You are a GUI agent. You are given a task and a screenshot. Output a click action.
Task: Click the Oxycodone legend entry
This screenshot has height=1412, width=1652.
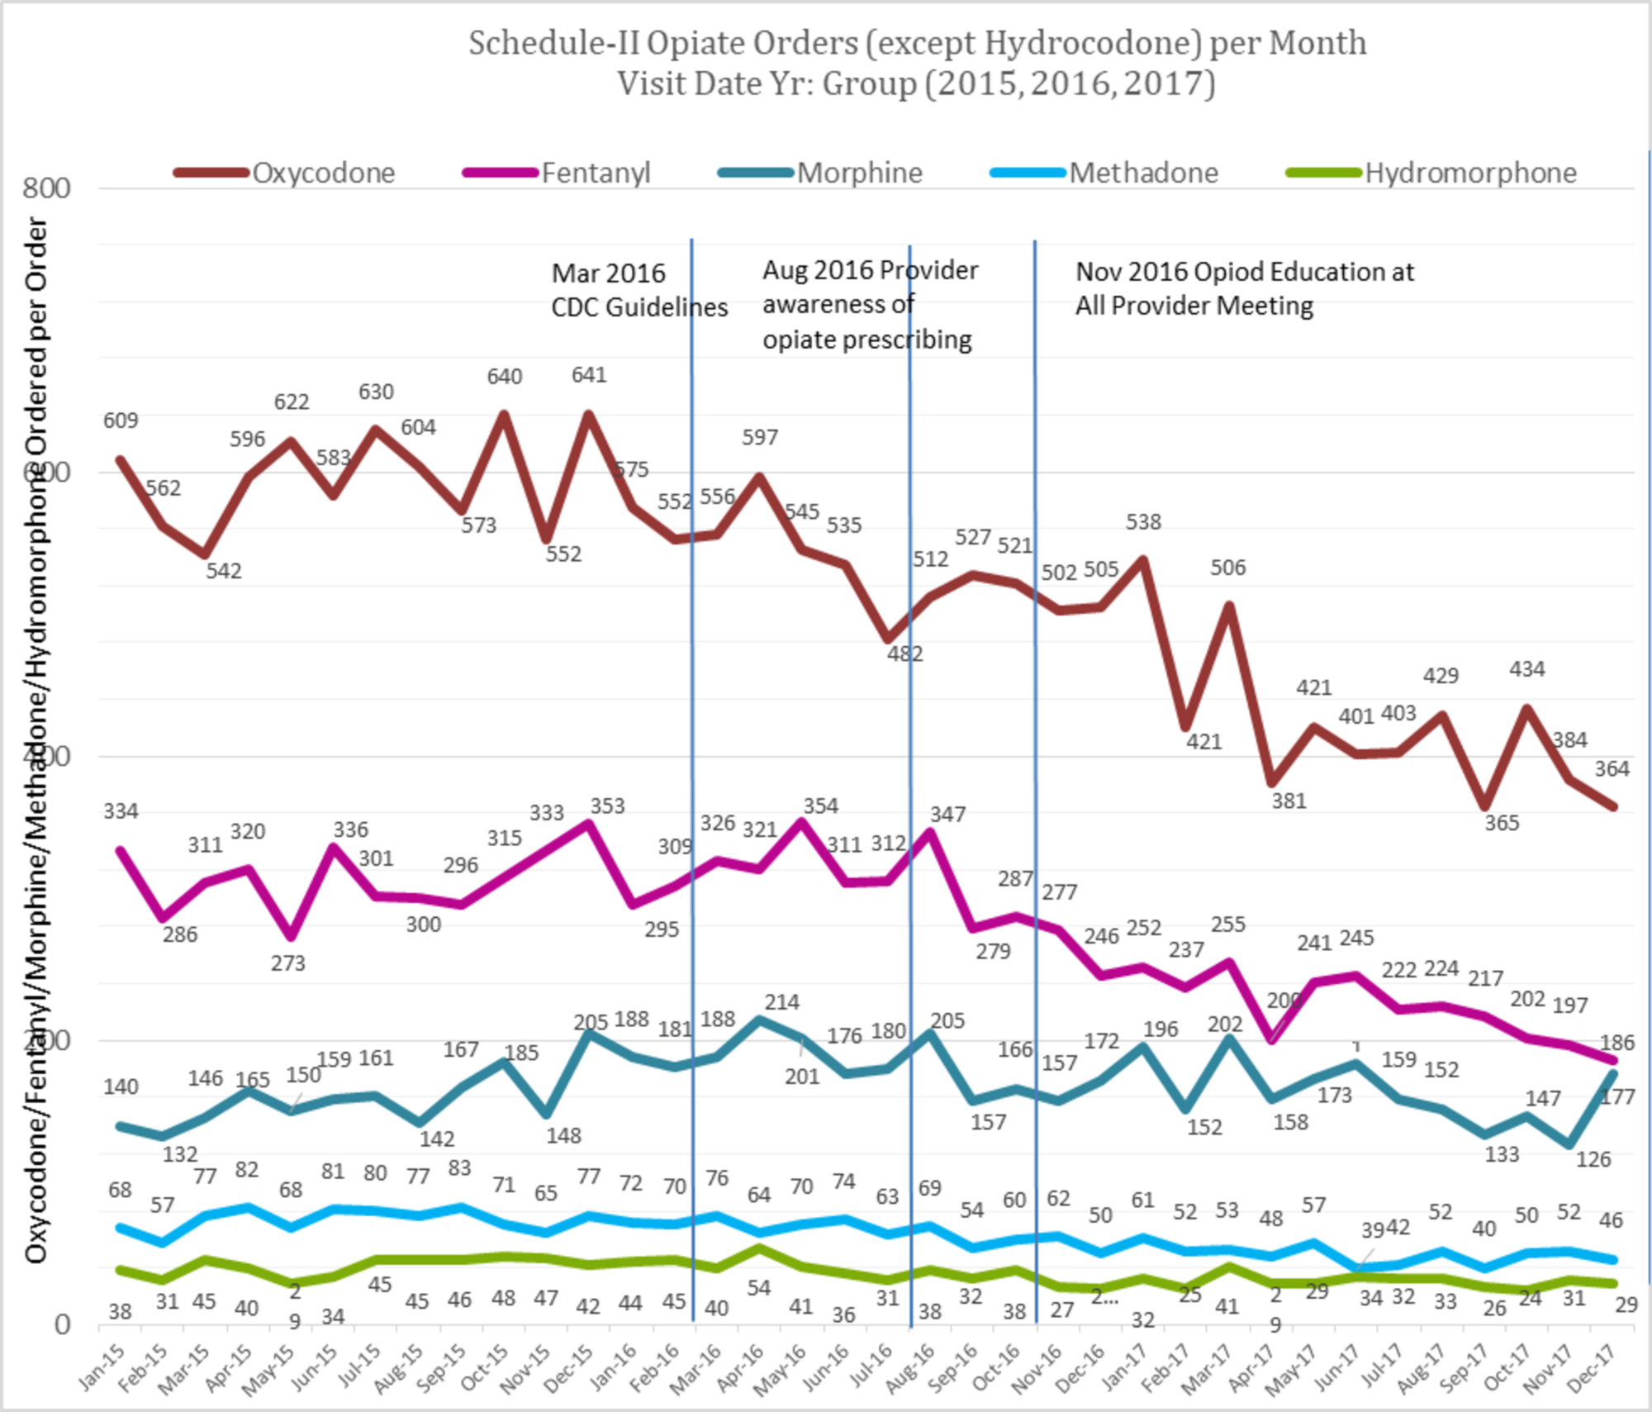pos(323,174)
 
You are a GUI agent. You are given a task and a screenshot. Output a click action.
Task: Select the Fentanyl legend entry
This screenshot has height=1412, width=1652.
pos(596,174)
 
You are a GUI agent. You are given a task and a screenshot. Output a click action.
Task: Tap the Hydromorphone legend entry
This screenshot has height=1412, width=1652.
pos(1470,174)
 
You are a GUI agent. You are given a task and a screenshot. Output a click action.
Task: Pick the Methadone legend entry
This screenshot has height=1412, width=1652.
pos(1143,174)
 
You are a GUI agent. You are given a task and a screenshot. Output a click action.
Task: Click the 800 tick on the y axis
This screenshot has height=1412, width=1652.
pos(46,188)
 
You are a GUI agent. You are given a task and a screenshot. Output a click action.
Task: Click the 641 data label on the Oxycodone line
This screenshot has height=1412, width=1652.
pos(589,375)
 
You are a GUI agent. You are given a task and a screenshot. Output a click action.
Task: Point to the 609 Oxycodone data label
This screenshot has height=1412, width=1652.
pos(121,421)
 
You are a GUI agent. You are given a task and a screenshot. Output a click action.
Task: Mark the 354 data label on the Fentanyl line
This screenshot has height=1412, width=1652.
pos(820,806)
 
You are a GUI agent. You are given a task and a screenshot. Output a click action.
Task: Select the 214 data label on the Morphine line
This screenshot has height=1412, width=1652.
pos(781,1002)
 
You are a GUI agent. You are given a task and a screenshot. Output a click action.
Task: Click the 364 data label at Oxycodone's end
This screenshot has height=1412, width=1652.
pos(1612,769)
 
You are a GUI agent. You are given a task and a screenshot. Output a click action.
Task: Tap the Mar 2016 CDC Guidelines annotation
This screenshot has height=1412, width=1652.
pos(638,290)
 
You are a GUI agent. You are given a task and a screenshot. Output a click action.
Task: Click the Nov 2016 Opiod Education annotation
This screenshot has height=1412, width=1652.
pos(1244,288)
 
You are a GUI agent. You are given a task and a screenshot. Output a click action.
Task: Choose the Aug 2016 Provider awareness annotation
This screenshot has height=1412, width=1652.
pos(870,305)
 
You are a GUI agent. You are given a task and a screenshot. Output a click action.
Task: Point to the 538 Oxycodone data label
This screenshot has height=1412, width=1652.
pos(1143,522)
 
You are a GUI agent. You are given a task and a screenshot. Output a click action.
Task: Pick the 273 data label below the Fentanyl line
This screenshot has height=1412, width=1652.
pos(288,963)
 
